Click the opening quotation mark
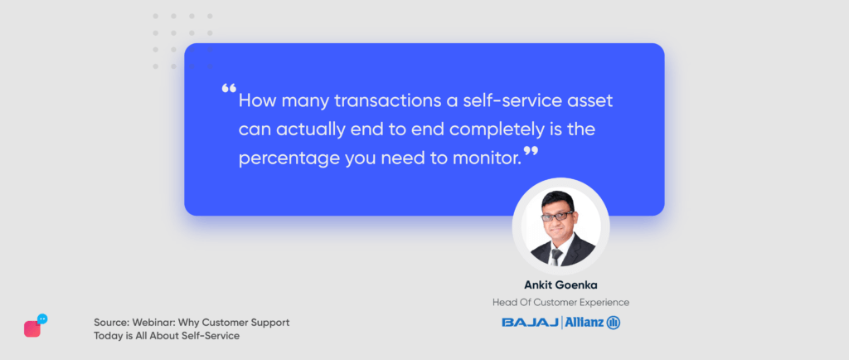(229, 89)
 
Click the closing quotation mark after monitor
(531, 152)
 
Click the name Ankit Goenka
(560, 285)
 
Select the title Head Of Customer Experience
(560, 303)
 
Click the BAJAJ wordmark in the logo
(531, 324)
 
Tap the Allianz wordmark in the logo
(585, 323)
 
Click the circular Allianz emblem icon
(614, 324)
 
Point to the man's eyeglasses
(556, 216)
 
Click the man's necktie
(555, 256)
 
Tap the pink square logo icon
(32, 328)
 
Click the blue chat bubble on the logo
(42, 319)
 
